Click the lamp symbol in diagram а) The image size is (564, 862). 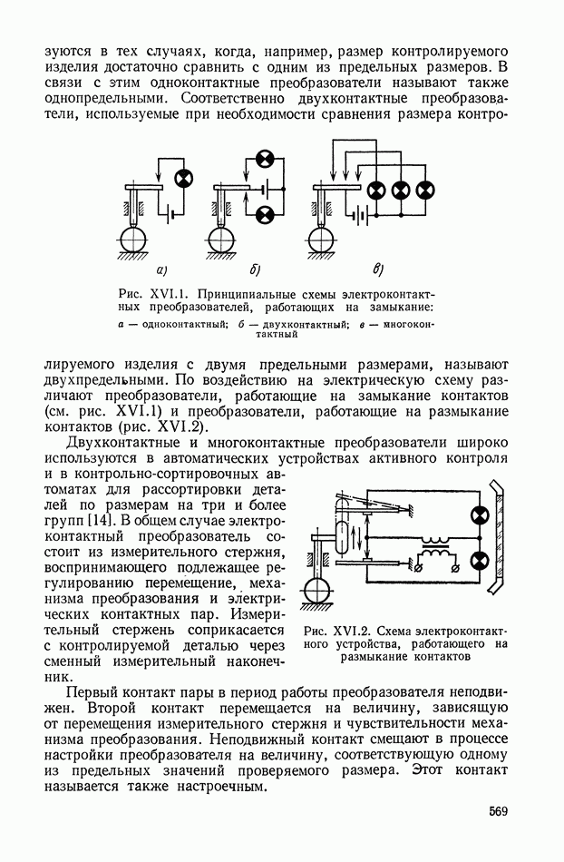(182, 179)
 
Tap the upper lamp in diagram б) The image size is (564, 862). (265, 161)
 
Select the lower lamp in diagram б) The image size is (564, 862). (265, 214)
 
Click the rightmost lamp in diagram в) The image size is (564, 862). (424, 190)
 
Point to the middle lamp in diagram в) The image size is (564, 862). (401, 190)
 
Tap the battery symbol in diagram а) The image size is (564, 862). (170, 215)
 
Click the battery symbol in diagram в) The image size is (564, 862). (360, 216)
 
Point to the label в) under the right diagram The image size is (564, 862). (379, 269)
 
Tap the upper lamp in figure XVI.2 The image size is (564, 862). (477, 516)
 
